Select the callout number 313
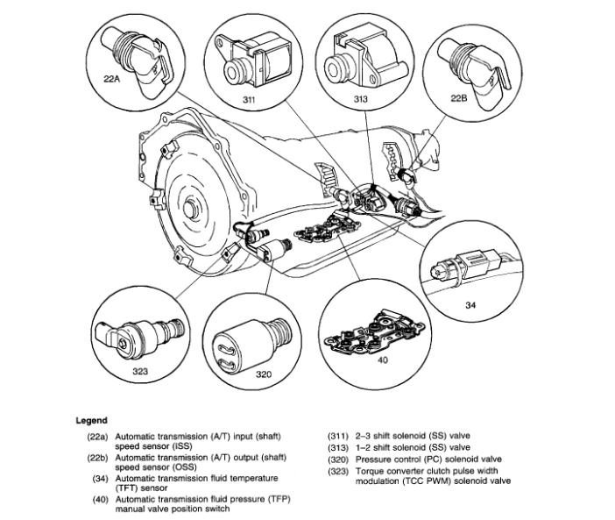pyautogui.click(x=336, y=99)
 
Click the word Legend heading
pyautogui.click(x=91, y=421)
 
